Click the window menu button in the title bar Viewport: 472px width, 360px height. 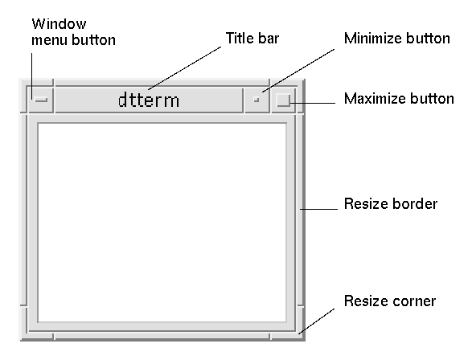pos(41,100)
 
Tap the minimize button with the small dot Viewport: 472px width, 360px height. pos(257,100)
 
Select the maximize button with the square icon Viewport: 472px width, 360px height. pos(283,100)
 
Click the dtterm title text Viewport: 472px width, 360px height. pos(149,100)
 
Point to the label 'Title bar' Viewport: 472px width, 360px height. pos(252,39)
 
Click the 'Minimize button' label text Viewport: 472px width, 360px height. pos(397,39)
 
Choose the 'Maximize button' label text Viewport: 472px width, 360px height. pos(399,99)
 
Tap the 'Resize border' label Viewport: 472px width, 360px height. pos(391,204)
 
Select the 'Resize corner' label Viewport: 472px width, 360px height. pos(390,301)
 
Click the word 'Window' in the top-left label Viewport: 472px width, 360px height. pos(59,24)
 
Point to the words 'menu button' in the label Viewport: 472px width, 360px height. pos(73,40)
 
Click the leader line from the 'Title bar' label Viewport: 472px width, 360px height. pos(184,68)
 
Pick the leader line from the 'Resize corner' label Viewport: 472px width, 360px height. pos(316,321)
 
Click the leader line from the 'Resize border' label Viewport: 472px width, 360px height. pos(318,209)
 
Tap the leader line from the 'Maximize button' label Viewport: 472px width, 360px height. pos(313,103)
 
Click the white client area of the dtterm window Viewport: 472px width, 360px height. pos(162,223)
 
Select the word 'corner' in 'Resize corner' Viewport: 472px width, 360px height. pos(412,301)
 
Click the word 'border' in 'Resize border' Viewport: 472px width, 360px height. pos(415,204)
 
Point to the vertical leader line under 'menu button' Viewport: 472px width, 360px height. pos(32,76)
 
